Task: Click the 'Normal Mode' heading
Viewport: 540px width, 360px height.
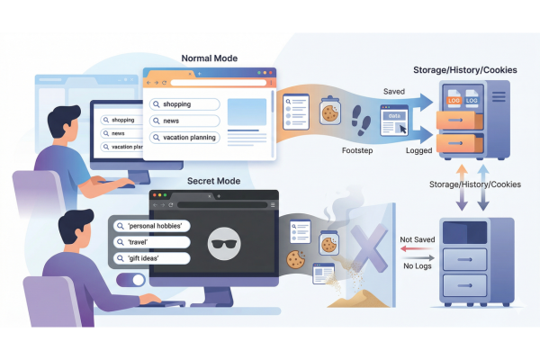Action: (209, 58)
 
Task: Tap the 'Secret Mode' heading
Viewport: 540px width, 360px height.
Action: (212, 181)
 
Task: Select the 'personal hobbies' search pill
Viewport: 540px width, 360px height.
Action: (149, 225)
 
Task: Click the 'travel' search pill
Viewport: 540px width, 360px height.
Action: (149, 242)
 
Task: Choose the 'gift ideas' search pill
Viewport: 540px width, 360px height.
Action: (149, 258)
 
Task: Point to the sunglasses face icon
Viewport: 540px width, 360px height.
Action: (221, 242)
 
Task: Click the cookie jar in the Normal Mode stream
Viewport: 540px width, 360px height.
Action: (330, 112)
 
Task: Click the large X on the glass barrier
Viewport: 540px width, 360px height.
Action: (367, 245)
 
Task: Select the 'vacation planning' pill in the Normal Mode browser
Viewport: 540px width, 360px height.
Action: (184, 138)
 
